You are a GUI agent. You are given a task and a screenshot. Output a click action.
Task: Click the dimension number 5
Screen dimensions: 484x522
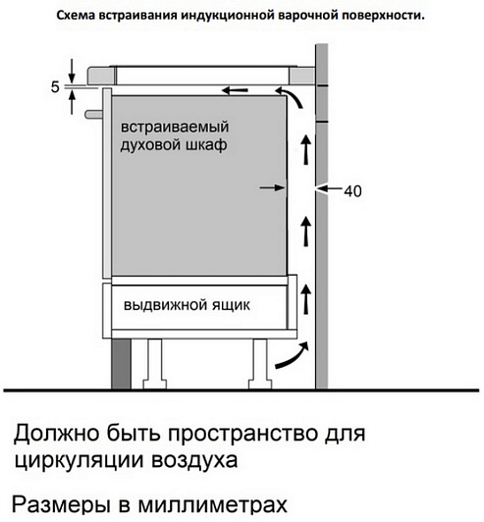coord(55,87)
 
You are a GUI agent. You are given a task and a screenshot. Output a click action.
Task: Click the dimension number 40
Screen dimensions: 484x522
coord(352,191)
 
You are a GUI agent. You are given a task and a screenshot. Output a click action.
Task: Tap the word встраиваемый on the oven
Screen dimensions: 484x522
coord(175,128)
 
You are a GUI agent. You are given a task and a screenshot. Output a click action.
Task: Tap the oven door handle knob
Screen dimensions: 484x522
coord(94,114)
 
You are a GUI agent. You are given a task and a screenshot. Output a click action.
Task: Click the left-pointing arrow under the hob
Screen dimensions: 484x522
coord(236,90)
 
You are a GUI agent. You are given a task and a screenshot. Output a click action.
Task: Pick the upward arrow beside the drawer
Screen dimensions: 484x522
coord(305,298)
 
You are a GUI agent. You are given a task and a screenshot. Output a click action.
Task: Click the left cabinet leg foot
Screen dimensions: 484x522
coord(154,384)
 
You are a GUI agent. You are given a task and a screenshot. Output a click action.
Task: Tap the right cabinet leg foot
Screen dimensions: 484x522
coord(260,384)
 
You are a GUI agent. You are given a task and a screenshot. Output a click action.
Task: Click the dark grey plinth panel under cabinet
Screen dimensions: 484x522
coord(122,363)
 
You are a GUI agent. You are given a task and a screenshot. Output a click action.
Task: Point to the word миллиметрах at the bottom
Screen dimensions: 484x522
coord(212,505)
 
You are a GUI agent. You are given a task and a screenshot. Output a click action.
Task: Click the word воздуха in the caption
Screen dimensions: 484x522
coord(194,461)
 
